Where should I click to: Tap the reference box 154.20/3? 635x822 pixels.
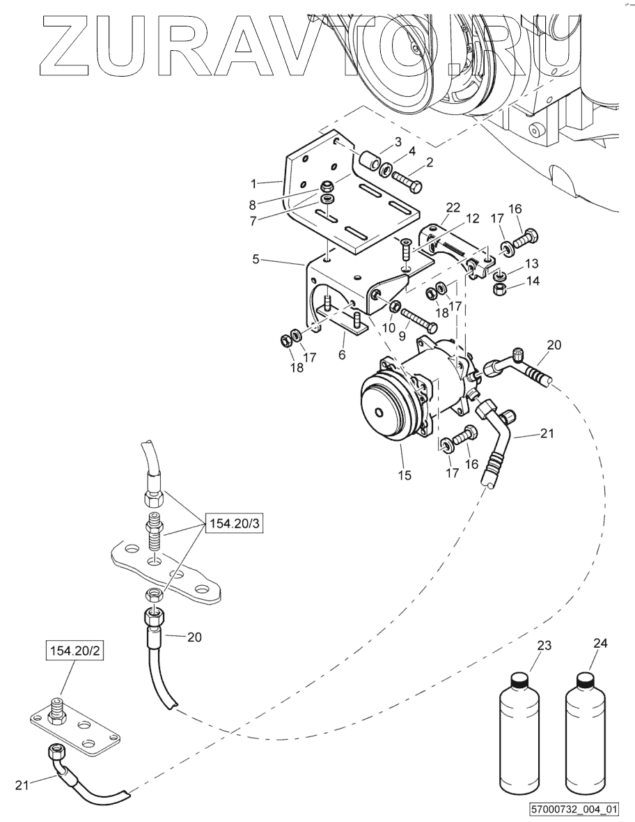click(234, 522)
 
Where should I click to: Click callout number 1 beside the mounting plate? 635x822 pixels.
click(253, 184)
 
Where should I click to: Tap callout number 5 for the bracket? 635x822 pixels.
click(256, 259)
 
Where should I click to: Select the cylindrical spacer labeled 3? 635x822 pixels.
click(369, 162)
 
